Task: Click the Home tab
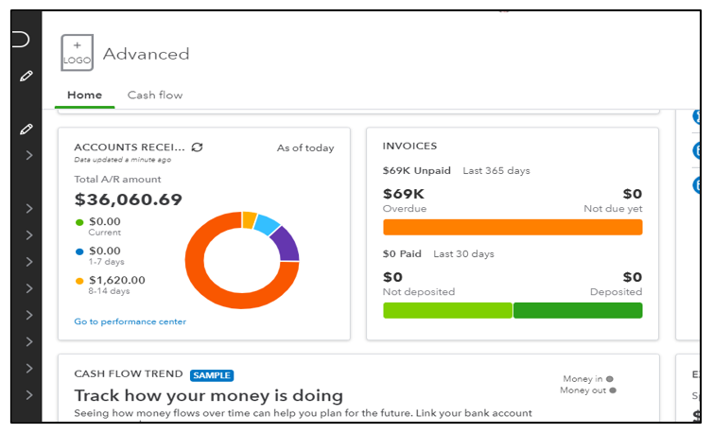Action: (85, 95)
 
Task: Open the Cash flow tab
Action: (155, 95)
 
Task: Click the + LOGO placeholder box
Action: (77, 53)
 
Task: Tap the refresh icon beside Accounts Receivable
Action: (197, 147)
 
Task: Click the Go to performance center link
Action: (130, 321)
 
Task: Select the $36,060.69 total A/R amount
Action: (128, 199)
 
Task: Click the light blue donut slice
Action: (268, 224)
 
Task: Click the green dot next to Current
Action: (78, 222)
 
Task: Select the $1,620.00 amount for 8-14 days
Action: (116, 280)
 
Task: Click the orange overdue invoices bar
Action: (512, 227)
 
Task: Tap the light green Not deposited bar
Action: (446, 310)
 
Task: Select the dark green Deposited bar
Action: (578, 310)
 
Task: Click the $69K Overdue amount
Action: (405, 194)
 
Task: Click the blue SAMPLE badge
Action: (212, 375)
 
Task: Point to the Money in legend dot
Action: (609, 378)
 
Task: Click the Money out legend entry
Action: (587, 390)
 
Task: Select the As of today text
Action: (304, 147)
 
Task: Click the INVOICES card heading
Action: (409, 147)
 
